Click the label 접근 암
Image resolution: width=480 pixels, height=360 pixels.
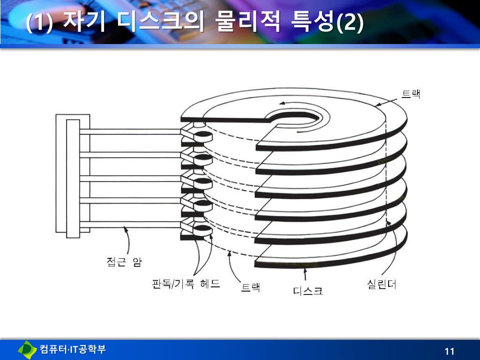pos(124,262)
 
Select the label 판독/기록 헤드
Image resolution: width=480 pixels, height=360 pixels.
pos(186,284)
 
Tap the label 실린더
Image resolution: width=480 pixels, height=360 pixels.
pos(381,284)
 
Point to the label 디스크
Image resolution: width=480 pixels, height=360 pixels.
pos(308,291)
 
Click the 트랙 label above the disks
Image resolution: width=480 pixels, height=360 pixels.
pos(411,94)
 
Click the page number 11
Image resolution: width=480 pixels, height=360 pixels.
pos(450,352)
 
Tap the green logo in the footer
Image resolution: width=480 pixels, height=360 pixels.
pos(27,349)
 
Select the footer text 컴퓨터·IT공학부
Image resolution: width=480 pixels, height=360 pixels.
pos(73,349)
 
